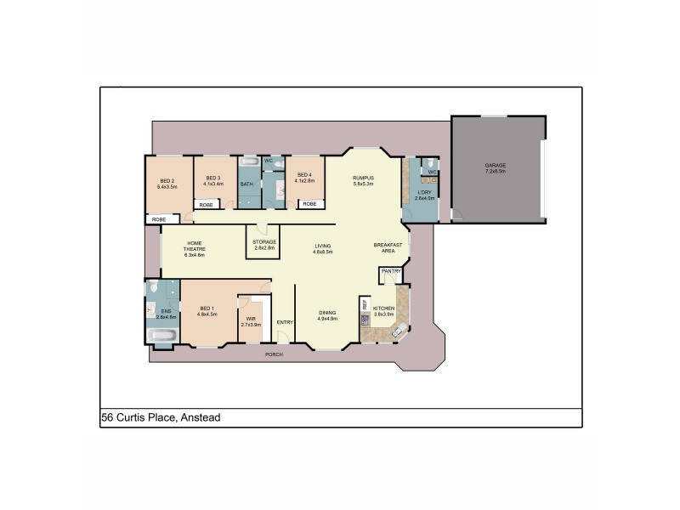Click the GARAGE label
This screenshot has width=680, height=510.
[x=495, y=166]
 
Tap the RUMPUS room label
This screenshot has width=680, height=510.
[x=364, y=178]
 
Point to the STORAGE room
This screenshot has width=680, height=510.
[x=263, y=242]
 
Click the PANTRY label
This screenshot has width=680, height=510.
[x=391, y=271]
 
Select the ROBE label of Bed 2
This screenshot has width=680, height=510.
[x=159, y=219]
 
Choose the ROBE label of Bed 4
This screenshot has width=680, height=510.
[x=309, y=204]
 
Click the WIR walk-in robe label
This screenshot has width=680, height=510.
[x=250, y=320]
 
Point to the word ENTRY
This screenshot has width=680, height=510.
[x=285, y=321]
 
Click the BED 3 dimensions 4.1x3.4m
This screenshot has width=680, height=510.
[x=213, y=184]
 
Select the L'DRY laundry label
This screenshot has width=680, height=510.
[x=423, y=193]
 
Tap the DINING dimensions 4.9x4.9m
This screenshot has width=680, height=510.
[x=328, y=319]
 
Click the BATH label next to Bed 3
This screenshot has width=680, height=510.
[x=246, y=184]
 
